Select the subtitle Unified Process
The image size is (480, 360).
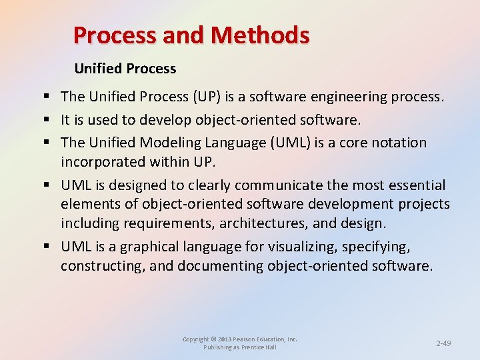click(125, 69)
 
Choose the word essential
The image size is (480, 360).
click(413, 185)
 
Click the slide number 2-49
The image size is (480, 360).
click(443, 343)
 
